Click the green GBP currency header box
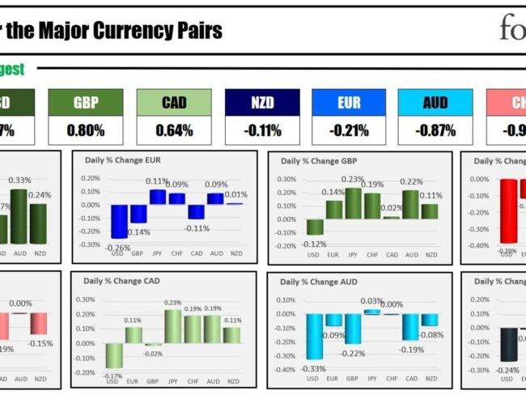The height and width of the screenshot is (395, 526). coord(86,102)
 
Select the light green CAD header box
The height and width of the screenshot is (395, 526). coord(173,102)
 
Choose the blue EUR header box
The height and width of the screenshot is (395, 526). coord(348,102)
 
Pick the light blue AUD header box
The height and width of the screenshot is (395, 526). coord(435,102)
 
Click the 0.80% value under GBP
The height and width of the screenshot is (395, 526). coord(86,130)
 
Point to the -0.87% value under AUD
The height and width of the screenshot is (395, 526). coord(435,130)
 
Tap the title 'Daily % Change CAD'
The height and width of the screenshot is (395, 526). coord(121,282)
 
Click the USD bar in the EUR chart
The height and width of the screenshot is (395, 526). coord(119,221)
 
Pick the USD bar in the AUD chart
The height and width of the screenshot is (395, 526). coord(314,336)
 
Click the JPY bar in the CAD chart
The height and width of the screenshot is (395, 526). coord(172,326)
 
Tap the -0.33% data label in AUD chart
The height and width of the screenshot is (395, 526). coord(312,369)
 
